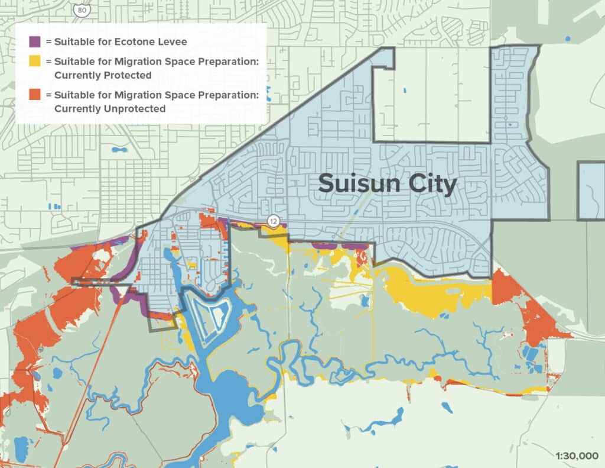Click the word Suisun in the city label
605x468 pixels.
tap(360, 184)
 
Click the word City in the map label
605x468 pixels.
tap(430, 184)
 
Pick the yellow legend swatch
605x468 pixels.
tap(35, 62)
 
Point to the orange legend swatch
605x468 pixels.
tap(35, 95)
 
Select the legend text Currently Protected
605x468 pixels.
tap(103, 75)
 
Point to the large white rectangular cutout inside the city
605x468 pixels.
tap(431, 98)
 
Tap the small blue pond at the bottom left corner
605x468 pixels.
tap(21, 445)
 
